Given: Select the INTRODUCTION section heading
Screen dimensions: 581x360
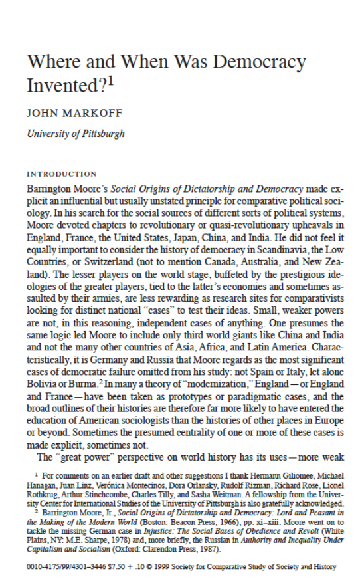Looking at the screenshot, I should pyautogui.click(x=61, y=174).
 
